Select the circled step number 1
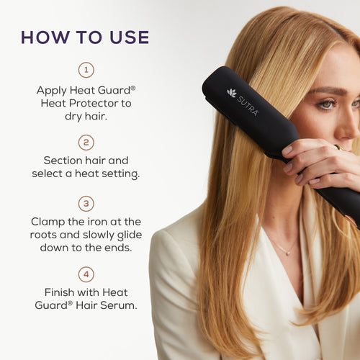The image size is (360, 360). coord(86,70)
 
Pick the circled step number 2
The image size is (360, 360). coord(86,142)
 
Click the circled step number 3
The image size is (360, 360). coord(86,203)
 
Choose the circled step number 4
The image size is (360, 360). coord(86,274)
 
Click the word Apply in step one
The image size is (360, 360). coord(52,91)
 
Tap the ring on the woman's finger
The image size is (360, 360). coord(336,148)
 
